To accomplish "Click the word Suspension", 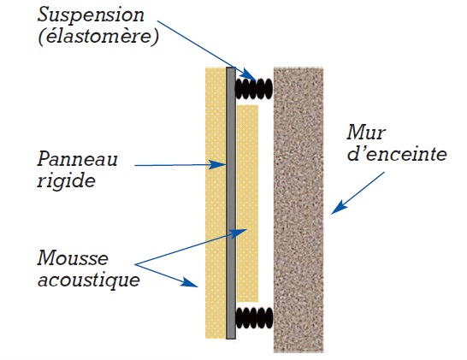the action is (91, 15).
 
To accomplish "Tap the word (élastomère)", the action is (98, 37).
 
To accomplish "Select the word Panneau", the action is (78, 159).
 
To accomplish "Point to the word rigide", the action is (66, 180).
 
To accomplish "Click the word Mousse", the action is (73, 257).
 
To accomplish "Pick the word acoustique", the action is (89, 280).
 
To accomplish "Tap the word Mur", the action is (366, 132).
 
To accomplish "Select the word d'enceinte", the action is (397, 154).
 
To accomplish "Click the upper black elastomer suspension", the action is (254, 89).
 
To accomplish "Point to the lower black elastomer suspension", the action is (254, 318).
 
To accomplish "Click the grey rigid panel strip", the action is (231, 203).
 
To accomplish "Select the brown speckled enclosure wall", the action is (299, 210).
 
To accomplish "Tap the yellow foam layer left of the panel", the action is (216, 203).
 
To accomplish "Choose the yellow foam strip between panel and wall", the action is (248, 203).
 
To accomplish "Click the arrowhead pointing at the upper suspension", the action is (249, 74).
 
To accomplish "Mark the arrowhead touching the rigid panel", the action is (218, 165).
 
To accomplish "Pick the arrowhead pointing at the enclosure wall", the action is (339, 208).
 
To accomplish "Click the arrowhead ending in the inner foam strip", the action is (239, 233).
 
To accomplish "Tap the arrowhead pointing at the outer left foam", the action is (190, 282).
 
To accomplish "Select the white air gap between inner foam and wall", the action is (266, 203).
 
